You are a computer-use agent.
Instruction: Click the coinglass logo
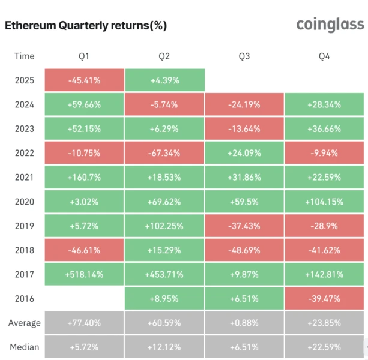coord(330,25)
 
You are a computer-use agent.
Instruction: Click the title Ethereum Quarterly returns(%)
coord(86,25)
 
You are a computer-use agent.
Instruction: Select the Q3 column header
coord(244,56)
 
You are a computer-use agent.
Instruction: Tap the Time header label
coord(25,56)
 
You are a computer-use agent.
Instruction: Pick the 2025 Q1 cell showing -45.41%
coord(85,80)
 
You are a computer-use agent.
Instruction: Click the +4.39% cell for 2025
coord(164,80)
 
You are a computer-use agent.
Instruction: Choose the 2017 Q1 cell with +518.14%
coord(85,274)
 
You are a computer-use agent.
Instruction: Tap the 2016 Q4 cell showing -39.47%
coord(324,299)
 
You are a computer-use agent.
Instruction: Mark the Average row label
coord(25,323)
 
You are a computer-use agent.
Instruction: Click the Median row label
coord(25,347)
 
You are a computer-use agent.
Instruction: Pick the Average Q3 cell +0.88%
coord(244,323)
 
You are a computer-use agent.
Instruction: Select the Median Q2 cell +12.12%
coord(164,347)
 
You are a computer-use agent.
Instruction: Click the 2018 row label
coord(25,250)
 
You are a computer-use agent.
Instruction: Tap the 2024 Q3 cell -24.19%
coord(244,104)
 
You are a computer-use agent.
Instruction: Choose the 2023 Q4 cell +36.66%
coord(324,128)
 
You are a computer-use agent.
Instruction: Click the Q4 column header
coord(324,56)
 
